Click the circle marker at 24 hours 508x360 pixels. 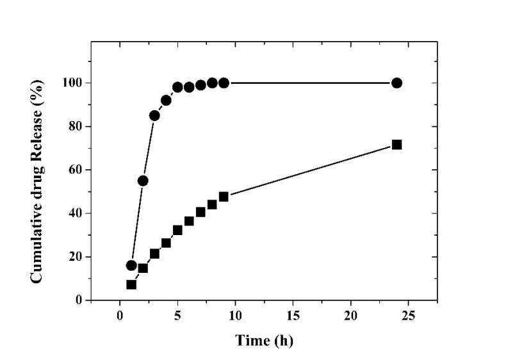coord(397,83)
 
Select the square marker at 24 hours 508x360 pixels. coord(397,145)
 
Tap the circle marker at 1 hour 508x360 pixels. coord(131,265)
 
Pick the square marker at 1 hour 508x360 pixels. coord(131,284)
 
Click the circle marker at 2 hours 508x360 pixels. coord(143,181)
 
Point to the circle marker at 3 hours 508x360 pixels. coord(154,115)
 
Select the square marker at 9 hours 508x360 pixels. coord(224,197)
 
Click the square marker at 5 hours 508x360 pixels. coord(177,229)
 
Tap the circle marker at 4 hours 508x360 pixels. coord(166,101)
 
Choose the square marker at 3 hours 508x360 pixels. coord(154,254)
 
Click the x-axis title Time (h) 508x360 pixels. coord(264,341)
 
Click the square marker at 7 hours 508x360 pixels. coord(201,212)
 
